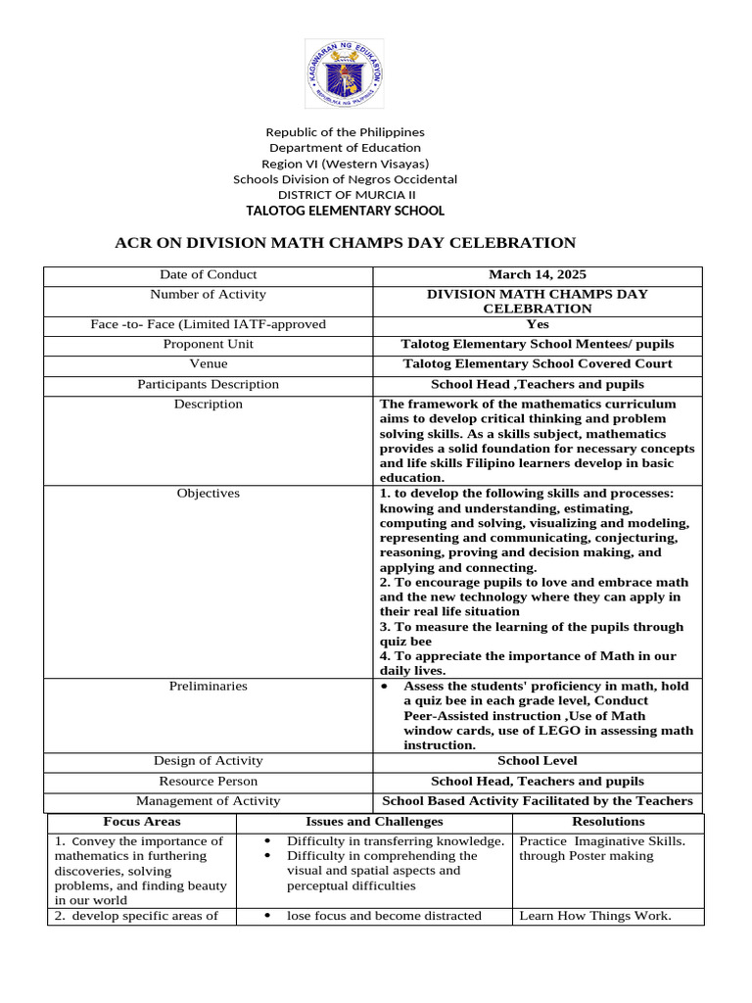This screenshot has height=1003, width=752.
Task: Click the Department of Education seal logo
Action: [x=345, y=73]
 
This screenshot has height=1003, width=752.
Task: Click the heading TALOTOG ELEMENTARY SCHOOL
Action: [x=345, y=211]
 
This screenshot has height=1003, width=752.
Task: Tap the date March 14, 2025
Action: [x=538, y=275]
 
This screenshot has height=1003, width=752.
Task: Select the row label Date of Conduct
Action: [x=208, y=275]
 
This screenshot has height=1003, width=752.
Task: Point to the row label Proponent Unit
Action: [x=208, y=345]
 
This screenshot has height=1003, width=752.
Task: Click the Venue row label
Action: [x=208, y=364]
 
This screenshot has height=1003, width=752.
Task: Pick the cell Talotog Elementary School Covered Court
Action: [x=538, y=364]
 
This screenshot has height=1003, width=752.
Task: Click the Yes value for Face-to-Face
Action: [x=538, y=325]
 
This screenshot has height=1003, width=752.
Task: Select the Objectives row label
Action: [x=208, y=494]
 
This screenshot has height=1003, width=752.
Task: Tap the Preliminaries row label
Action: [x=208, y=686]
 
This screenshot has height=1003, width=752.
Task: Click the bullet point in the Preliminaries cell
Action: [x=385, y=687]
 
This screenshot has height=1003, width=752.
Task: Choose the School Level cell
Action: [x=538, y=761]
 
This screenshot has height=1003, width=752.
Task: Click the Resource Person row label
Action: [x=208, y=782]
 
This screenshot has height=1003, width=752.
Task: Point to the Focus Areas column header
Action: [x=142, y=822]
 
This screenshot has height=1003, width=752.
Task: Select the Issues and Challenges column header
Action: [x=374, y=822]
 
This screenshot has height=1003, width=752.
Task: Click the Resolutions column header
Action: [x=608, y=822]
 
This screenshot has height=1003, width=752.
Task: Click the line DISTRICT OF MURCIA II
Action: [x=345, y=195]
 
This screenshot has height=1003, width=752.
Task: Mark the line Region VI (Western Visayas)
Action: [x=345, y=164]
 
